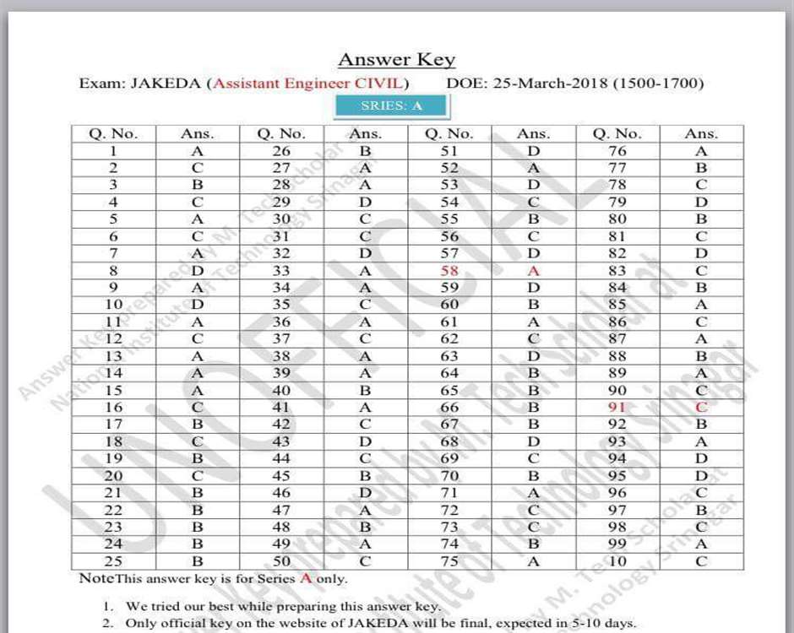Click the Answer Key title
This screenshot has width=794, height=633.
coord(396,60)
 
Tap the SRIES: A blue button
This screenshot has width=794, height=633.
coord(391,105)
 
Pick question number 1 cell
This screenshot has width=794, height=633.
coord(113,151)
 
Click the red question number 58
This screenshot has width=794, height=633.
coord(449,270)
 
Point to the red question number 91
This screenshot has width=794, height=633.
coord(617,407)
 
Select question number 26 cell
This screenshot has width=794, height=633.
coord(281,151)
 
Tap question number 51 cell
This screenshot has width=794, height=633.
coord(449,151)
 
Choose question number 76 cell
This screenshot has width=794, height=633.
coord(617,151)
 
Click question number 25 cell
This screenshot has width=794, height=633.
coord(113,561)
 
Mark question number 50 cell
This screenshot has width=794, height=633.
coord(281,561)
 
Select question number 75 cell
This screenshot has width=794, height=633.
coord(449,561)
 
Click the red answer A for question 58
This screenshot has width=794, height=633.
coord(533,270)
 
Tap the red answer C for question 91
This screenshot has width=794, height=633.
coord(701,407)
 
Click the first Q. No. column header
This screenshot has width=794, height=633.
coord(113,133)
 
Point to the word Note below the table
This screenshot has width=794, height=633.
coord(95,579)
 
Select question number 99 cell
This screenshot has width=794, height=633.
coord(617,544)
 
